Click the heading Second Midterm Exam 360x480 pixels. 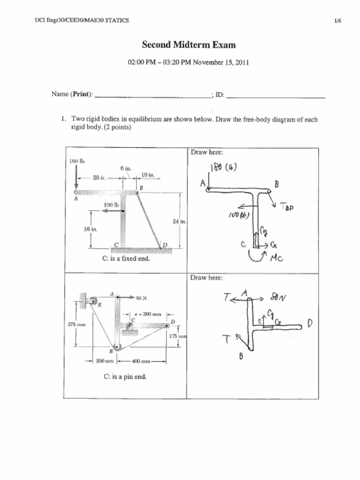(x=189, y=45)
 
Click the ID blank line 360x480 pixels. (x=276, y=97)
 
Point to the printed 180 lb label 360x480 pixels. (x=76, y=162)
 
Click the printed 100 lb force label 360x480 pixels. (x=112, y=204)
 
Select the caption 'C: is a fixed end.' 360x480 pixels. (x=126, y=258)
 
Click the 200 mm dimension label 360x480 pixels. (x=105, y=361)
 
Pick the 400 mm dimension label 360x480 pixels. (x=141, y=361)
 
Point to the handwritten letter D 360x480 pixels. (x=310, y=323)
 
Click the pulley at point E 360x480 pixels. (x=93, y=300)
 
